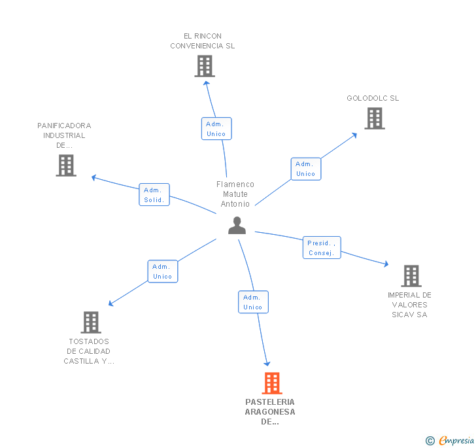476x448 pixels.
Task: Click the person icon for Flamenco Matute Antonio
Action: [237, 226]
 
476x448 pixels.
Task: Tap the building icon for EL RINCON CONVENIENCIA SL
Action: [205, 66]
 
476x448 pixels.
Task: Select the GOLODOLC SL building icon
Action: [375, 118]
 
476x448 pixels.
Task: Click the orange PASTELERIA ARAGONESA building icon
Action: [271, 383]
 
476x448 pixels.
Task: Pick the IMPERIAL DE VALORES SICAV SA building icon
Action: [411, 276]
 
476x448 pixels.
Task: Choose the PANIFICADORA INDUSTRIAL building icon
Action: [66, 165]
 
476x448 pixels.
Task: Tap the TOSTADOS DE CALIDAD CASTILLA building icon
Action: [91, 322]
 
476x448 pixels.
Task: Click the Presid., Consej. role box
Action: [322, 248]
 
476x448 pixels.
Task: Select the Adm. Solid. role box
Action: [154, 195]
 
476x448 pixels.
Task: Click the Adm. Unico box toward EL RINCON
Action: [216, 129]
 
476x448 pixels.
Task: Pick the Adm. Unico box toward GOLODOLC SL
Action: [305, 169]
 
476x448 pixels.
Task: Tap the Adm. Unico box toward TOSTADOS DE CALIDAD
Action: [162, 271]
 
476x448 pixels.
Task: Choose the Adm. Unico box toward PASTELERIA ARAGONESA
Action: [252, 302]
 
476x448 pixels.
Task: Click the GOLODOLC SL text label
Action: [373, 99]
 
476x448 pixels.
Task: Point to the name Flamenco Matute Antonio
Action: [235, 194]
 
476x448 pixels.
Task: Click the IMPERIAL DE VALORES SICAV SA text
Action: [409, 305]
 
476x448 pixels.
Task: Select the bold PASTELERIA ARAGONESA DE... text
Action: [270, 412]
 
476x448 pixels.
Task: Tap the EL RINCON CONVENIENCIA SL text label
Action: [203, 41]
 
